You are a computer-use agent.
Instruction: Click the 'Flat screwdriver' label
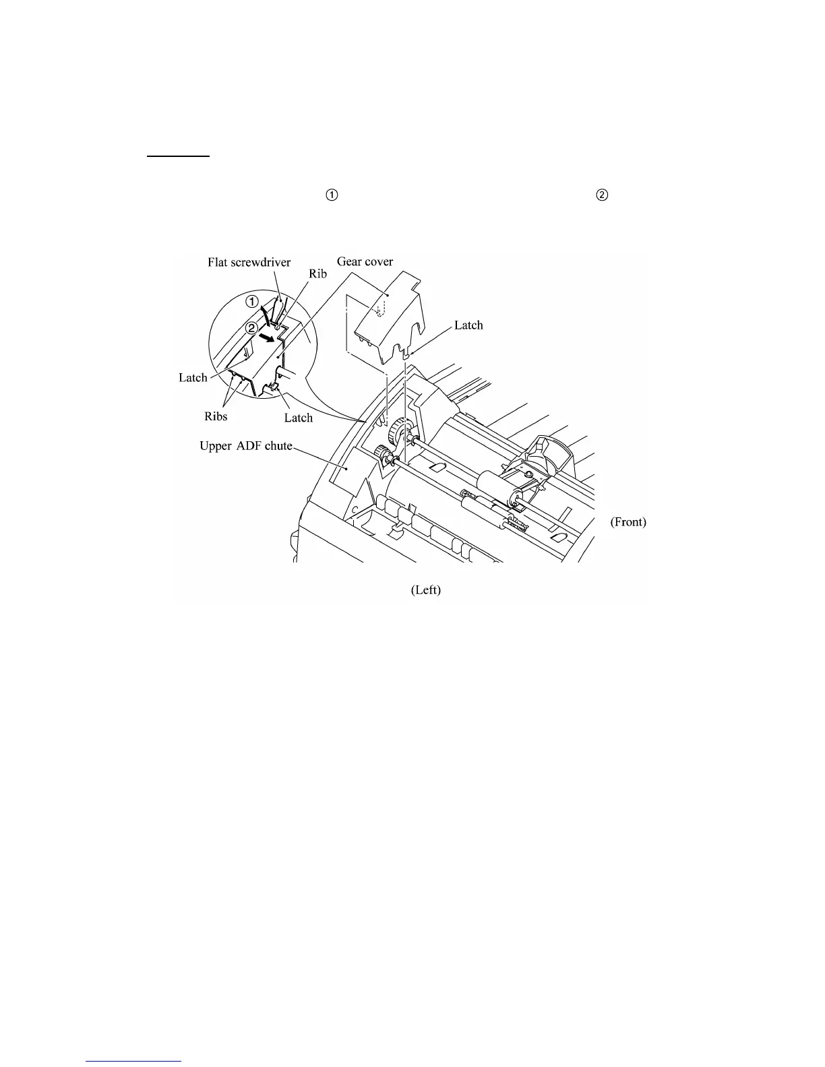(249, 263)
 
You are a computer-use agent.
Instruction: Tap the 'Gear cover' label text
(365, 261)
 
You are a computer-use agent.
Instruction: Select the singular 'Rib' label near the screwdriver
(317, 274)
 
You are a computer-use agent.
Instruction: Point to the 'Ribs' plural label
(216, 416)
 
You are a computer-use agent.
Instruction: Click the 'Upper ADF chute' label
(245, 446)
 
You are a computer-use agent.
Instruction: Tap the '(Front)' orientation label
(628, 522)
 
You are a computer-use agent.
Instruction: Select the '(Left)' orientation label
(426, 590)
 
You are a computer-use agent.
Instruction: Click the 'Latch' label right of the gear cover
(468, 325)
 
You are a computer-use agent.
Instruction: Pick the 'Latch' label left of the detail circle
(193, 378)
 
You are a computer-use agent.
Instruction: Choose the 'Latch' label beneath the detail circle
(298, 418)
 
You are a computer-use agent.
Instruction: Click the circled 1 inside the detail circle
(251, 302)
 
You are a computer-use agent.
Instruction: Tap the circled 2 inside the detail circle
(251, 328)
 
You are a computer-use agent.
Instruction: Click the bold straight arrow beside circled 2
(270, 336)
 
